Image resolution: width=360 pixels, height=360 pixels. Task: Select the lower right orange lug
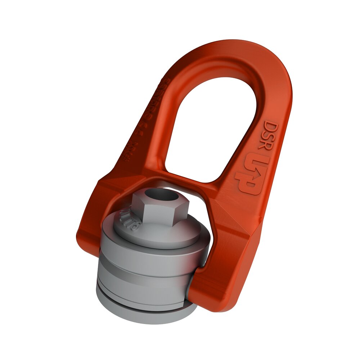234,252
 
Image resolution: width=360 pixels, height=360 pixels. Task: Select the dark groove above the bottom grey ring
144,298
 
